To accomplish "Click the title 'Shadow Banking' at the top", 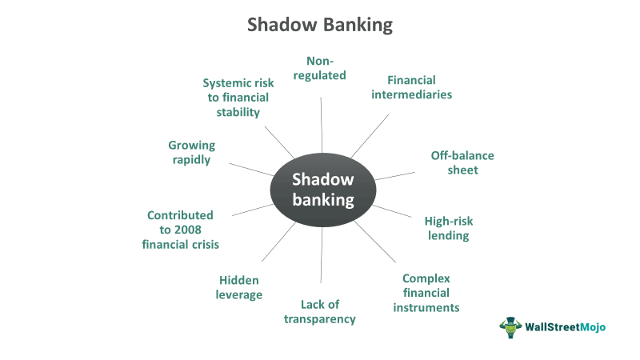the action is tap(320, 25).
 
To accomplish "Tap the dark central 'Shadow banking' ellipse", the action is tap(322, 189).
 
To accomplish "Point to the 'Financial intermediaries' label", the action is tap(411, 87).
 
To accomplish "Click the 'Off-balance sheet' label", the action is tap(462, 162).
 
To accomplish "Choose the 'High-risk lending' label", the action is tap(447, 228).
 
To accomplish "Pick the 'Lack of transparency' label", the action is tap(320, 311).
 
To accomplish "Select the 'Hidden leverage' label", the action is tap(240, 287).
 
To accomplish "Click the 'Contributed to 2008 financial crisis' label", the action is tap(181, 230).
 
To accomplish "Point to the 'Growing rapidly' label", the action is tap(191, 152).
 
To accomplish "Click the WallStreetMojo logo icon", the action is tap(510, 326).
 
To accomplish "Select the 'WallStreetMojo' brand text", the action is tap(565, 327).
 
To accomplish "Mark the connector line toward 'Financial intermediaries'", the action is tap(370, 135).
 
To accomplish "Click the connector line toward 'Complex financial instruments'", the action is tap(374, 242).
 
